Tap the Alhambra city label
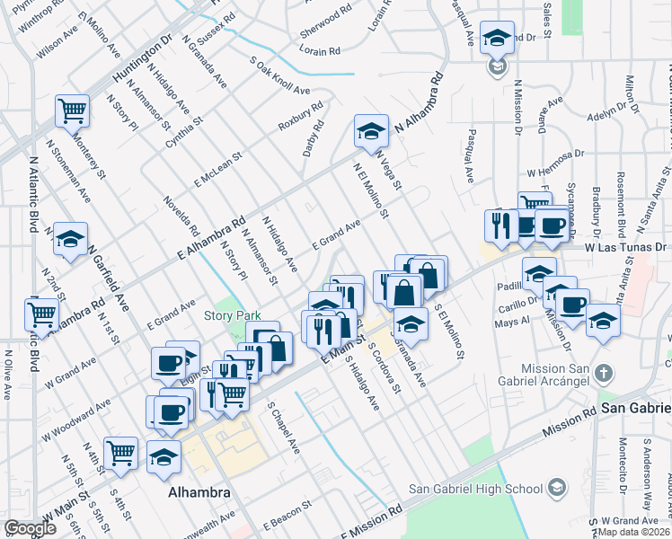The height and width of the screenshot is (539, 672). tap(199, 493)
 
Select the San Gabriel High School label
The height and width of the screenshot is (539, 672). tap(475, 489)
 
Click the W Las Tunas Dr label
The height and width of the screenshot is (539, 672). tap(628, 246)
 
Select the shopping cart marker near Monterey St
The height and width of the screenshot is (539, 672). tap(72, 111)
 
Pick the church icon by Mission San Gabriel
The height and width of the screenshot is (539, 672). tap(605, 372)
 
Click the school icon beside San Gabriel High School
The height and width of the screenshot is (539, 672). tap(557, 488)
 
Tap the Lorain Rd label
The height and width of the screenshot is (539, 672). tap(321, 52)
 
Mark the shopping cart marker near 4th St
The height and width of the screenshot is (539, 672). tap(120, 454)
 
